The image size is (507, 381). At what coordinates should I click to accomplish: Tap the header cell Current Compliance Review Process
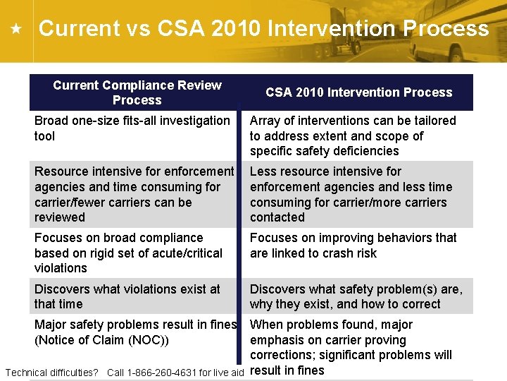(137, 92)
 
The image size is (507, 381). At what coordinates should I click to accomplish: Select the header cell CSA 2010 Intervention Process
(358, 92)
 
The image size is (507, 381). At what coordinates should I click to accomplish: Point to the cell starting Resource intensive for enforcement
(134, 194)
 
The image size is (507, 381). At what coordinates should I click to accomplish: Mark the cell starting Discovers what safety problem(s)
(356, 296)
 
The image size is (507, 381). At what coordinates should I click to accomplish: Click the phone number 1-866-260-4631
(163, 373)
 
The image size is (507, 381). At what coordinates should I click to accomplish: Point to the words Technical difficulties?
(51, 373)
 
